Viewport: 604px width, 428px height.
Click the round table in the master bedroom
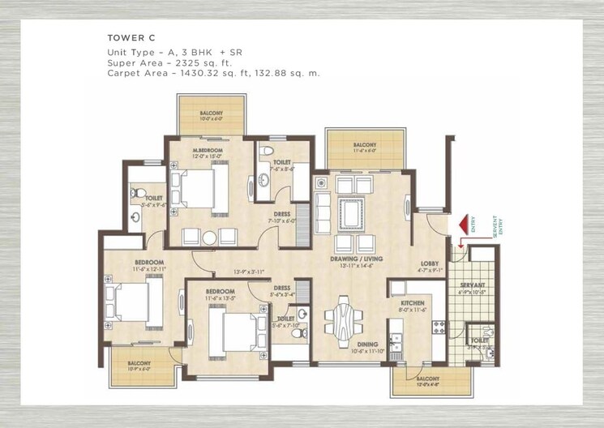209,238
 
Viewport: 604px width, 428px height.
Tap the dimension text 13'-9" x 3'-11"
248,271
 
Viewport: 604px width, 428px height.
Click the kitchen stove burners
440,328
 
